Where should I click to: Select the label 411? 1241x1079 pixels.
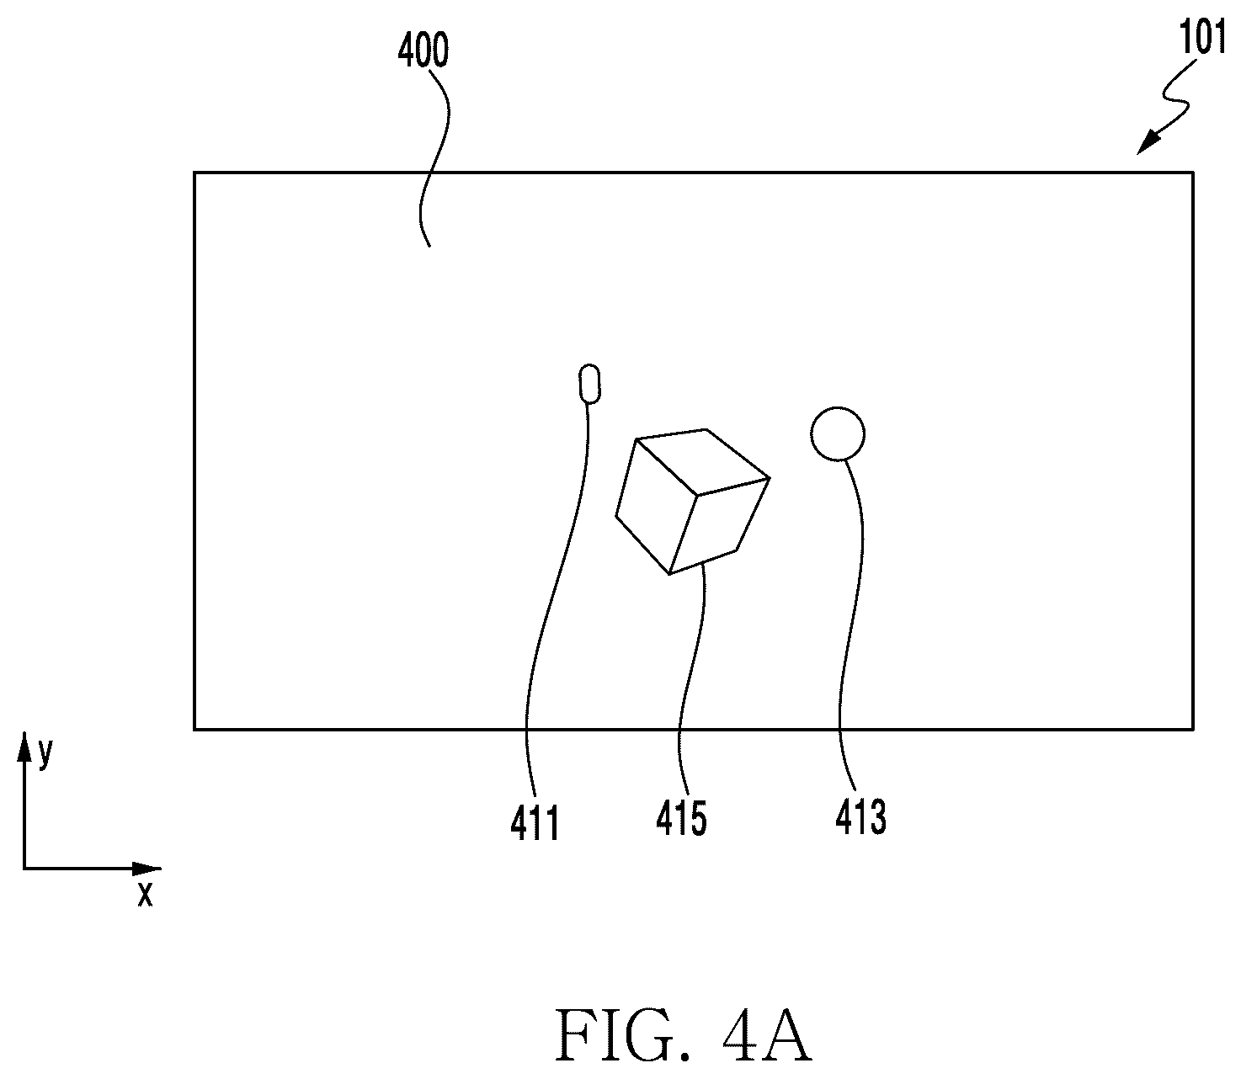pos(535,822)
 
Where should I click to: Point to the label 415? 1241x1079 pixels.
pos(681,818)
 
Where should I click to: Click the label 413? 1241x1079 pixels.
pos(860,817)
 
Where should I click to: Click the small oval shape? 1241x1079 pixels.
pos(589,383)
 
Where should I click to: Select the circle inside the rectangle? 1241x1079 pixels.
pos(838,433)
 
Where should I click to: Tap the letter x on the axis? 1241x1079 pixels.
pos(145,894)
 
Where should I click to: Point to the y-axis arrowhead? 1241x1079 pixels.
pos(24,747)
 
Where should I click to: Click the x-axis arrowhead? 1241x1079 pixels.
pos(147,869)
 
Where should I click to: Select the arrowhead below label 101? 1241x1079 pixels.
pos(1148,145)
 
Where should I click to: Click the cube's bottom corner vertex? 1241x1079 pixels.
pos(668,574)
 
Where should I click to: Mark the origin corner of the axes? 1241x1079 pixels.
pos(24,869)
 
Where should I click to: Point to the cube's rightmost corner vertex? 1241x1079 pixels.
pos(770,478)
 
